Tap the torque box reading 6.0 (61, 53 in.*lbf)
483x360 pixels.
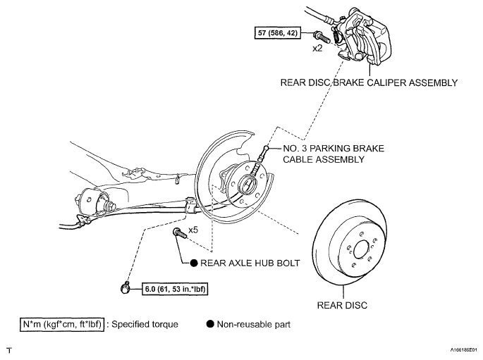point(175,290)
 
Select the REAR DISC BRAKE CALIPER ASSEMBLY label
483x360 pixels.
point(369,82)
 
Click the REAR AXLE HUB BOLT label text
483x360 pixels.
point(250,263)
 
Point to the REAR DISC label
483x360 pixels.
point(342,305)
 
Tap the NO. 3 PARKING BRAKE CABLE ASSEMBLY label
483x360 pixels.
point(334,154)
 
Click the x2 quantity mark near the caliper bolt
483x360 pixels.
point(317,49)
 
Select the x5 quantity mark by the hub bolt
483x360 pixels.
point(193,230)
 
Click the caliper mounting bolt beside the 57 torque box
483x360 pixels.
point(322,37)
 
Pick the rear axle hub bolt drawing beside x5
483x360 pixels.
point(181,233)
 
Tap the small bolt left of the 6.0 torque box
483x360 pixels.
point(125,287)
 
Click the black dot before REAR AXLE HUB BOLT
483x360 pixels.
point(194,263)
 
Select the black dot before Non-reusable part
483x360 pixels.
point(210,324)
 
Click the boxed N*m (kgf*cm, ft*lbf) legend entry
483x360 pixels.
point(62,325)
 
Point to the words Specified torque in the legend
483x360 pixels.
point(145,324)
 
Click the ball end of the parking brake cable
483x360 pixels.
point(266,149)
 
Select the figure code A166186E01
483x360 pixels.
point(464,350)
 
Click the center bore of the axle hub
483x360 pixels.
point(248,184)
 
